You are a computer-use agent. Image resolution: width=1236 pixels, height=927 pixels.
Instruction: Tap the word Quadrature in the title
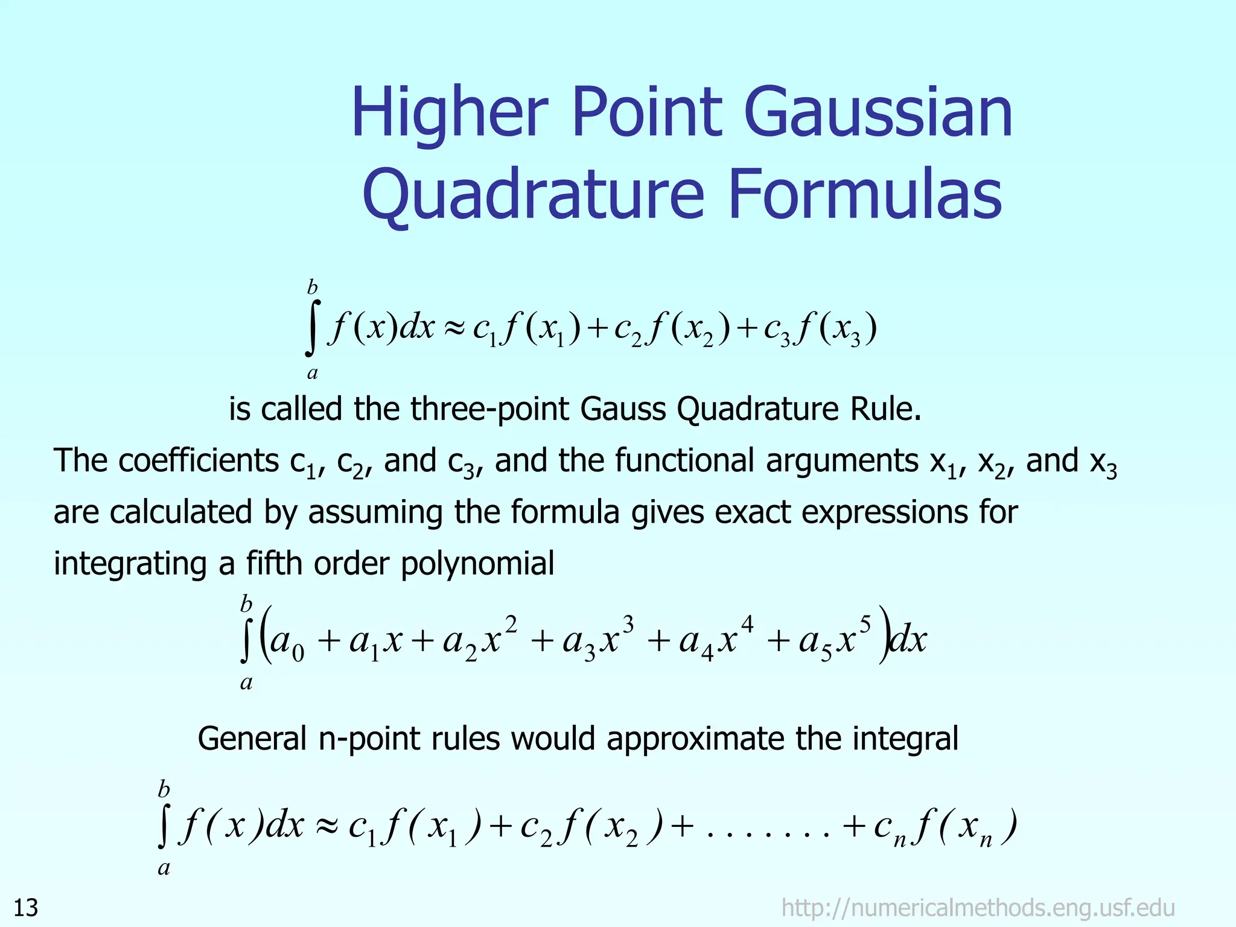click(533, 195)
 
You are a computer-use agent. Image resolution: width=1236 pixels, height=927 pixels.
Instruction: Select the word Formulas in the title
click(865, 195)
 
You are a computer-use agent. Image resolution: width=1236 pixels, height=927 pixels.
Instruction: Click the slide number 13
click(25, 908)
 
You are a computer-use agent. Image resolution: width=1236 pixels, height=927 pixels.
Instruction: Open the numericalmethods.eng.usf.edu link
click(978, 908)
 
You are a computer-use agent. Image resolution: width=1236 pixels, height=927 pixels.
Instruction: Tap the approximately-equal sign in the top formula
click(454, 329)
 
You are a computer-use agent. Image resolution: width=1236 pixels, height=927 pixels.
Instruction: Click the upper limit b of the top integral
click(312, 287)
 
